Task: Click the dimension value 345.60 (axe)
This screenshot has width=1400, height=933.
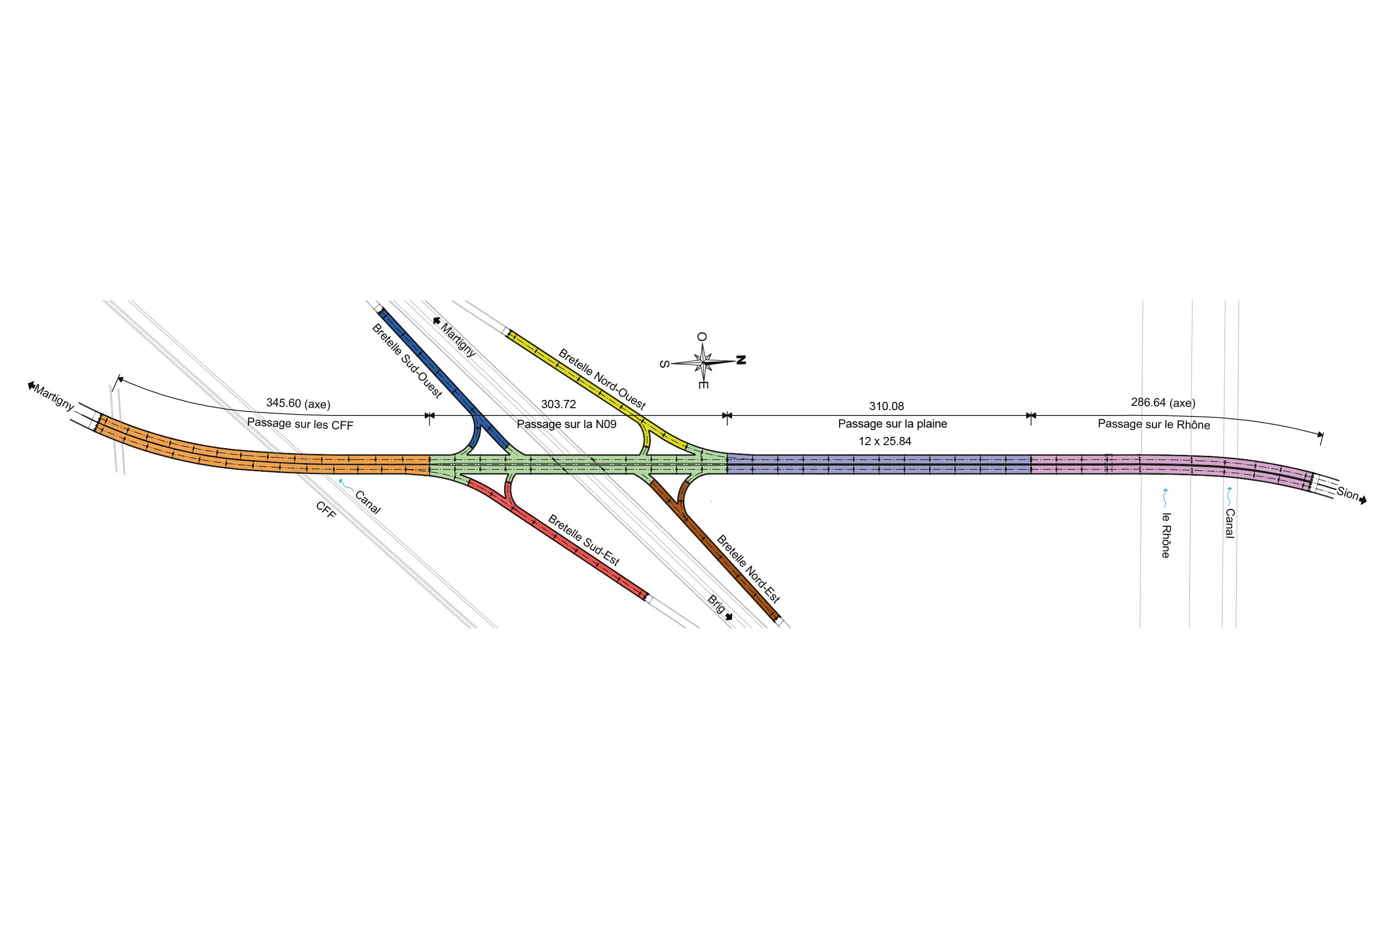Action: tap(298, 403)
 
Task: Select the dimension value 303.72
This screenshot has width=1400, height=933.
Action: tap(559, 405)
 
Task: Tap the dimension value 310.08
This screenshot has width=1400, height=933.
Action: tap(886, 406)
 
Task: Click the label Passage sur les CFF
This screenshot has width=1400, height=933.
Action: tap(300, 424)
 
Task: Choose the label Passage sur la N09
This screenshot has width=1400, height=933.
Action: tap(567, 424)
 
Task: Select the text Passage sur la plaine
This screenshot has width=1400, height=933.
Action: tap(892, 424)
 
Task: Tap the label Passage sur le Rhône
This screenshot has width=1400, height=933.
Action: tap(1154, 424)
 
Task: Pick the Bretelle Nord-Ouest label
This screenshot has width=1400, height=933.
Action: tap(602, 380)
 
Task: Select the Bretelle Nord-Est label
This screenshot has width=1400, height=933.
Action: tap(748, 570)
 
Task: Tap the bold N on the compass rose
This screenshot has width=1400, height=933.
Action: tap(741, 360)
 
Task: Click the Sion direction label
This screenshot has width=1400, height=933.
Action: tap(1347, 493)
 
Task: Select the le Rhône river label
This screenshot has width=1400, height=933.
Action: tap(1166, 535)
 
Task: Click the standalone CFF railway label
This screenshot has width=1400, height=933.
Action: tap(326, 510)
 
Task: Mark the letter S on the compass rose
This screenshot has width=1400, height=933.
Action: tap(665, 364)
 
